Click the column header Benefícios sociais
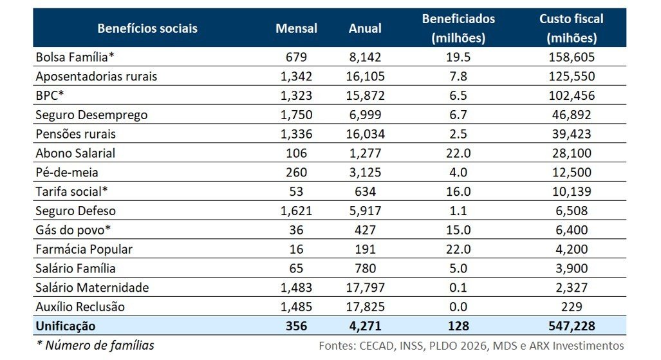[x=147, y=28]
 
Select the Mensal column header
[x=296, y=28]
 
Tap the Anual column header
[x=365, y=28]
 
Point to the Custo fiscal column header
[x=571, y=28]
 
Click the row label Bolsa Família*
[x=75, y=57]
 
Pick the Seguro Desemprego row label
[x=91, y=115]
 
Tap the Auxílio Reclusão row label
[x=80, y=307]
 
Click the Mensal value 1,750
[x=296, y=115]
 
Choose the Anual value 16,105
[x=365, y=77]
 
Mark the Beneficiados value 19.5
[x=458, y=57]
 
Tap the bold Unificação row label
[x=66, y=326]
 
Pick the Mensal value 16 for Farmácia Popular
[x=296, y=249]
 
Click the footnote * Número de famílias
[x=95, y=345]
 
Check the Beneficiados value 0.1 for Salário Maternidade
[x=458, y=287]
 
